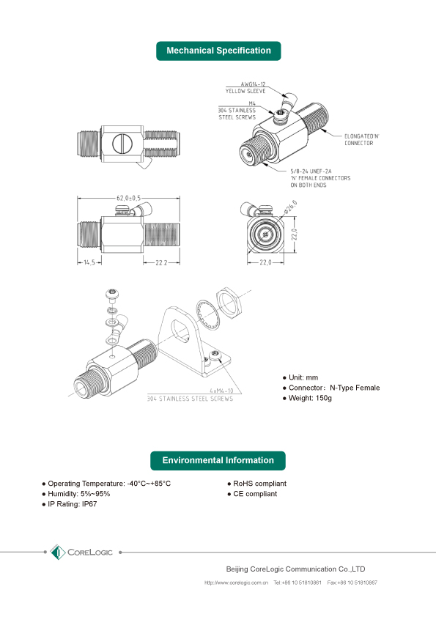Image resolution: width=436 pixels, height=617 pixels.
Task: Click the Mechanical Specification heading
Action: point(218,51)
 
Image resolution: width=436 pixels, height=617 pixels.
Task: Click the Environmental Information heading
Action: point(218,460)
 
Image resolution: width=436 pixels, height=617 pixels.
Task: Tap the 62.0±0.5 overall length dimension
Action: point(128,198)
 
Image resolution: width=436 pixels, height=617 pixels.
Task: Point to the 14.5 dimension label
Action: point(88,262)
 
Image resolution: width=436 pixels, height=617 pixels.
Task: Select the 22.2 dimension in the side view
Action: point(161,262)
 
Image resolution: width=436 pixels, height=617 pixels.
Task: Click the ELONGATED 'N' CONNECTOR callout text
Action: point(361,140)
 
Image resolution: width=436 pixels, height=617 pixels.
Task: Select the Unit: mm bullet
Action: point(306,377)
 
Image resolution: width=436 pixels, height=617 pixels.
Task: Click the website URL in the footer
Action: point(236,583)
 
